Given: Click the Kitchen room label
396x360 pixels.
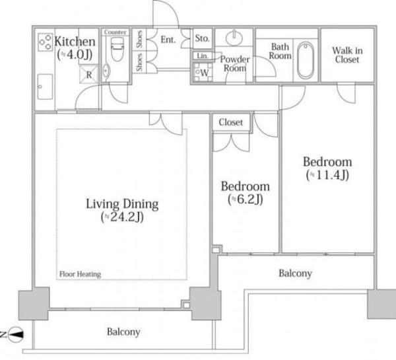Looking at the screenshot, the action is coord(75,42).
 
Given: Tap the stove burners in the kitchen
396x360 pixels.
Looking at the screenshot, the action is coord(46,42).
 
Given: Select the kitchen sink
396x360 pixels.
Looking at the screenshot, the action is coord(45,87).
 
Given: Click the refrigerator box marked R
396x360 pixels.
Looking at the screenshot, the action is coord(88,75).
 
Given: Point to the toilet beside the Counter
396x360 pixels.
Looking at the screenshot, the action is coord(117,50).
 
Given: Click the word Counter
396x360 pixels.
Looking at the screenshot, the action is coord(115,32).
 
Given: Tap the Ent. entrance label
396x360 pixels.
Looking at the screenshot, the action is coord(168,40).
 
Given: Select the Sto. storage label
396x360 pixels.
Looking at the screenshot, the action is coord(203,38).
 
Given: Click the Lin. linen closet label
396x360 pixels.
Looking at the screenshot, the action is coord(203,55).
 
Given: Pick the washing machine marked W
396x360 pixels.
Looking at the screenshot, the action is coord(203,73).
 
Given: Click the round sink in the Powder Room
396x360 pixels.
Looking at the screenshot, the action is coord(234,38).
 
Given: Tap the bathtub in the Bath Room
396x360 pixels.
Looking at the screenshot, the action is coord(306,60).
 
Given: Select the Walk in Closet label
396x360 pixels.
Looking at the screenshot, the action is coord(347,55).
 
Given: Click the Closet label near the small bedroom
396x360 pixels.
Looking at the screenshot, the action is coord(231,122).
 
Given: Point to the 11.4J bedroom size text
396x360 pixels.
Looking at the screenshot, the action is coord(327,175).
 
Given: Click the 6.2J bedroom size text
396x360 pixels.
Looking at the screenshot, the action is coord(246,199).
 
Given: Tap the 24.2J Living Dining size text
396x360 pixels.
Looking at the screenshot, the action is coord(122,217).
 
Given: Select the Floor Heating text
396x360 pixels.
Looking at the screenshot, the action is coord(80,274).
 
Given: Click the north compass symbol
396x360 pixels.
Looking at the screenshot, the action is coord(16,335).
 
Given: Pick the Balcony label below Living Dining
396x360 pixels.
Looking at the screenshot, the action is coord(123,332).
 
